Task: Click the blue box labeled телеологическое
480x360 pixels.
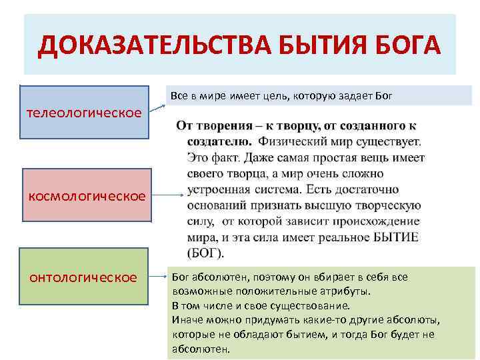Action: coord(84,112)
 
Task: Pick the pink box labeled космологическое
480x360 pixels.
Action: coord(87,195)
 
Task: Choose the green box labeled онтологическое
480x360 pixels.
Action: coord(83,277)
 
